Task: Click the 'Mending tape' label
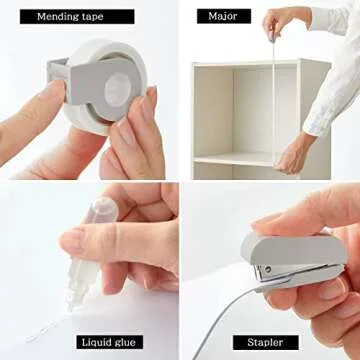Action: (77, 17)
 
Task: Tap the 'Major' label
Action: (224, 16)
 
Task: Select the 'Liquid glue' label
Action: (110, 342)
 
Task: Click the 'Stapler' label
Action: (266, 342)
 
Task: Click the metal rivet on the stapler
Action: (267, 268)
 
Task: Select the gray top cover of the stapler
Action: (293, 248)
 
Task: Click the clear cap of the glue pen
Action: (101, 212)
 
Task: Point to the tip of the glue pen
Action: (71, 306)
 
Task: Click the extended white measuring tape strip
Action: (274, 100)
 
